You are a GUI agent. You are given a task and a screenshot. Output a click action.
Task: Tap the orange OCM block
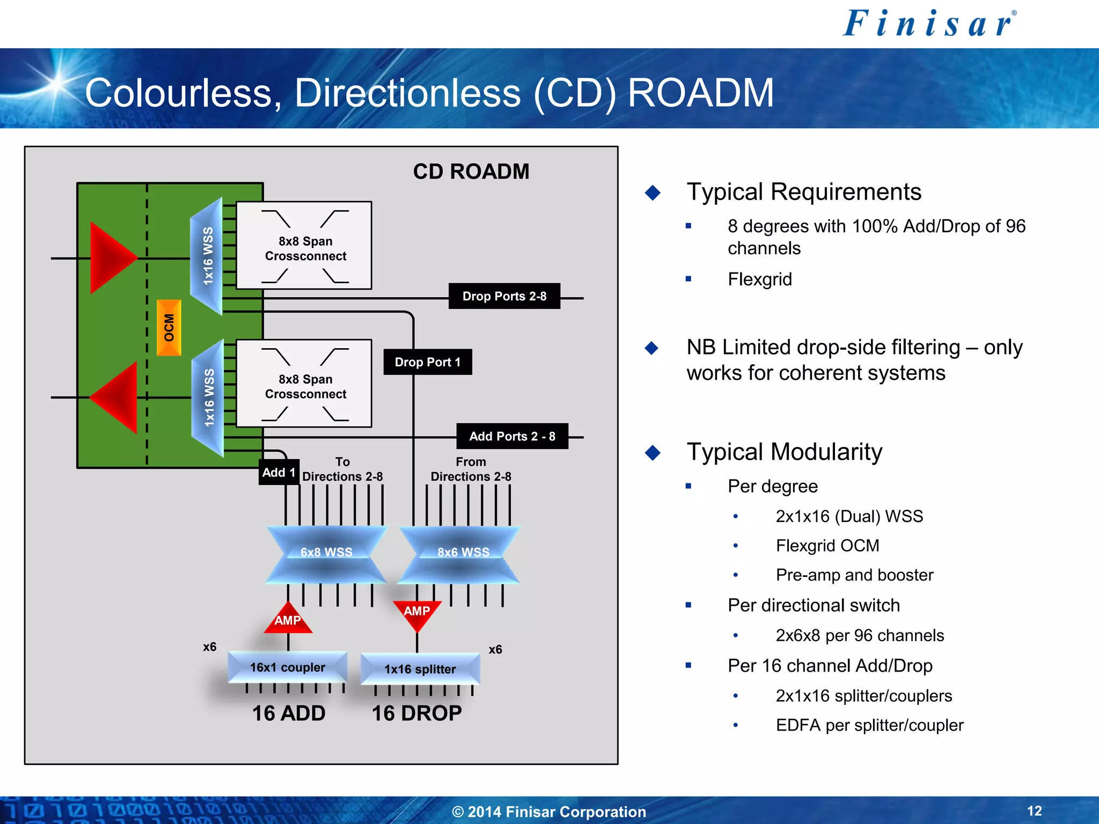click(x=169, y=328)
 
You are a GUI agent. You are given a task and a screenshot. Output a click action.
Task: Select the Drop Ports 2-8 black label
click(x=504, y=296)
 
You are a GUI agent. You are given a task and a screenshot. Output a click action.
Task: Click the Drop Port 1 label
click(x=428, y=362)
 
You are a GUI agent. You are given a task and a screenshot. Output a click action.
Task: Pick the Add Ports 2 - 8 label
click(x=512, y=436)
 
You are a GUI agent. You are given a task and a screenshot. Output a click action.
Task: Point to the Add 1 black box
click(x=279, y=472)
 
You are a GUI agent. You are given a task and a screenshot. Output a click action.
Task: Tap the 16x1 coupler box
click(x=288, y=667)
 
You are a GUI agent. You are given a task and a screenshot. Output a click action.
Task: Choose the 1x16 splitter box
click(x=420, y=668)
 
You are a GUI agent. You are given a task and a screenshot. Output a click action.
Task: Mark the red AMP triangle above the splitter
click(x=417, y=613)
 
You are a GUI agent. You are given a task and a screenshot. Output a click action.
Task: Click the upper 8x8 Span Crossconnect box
click(x=304, y=246)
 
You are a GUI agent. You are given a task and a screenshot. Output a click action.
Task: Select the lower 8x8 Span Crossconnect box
click(x=304, y=384)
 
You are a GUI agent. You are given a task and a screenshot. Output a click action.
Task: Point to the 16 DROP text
click(x=416, y=713)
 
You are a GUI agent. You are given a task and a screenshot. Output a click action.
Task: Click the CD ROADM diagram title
click(x=471, y=172)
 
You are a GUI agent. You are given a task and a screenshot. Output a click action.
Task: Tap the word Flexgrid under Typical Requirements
click(x=759, y=279)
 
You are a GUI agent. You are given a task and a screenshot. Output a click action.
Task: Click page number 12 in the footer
click(x=1034, y=811)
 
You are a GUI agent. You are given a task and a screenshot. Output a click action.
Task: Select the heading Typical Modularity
click(x=784, y=452)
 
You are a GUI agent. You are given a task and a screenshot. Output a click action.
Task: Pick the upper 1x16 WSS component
click(x=208, y=256)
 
